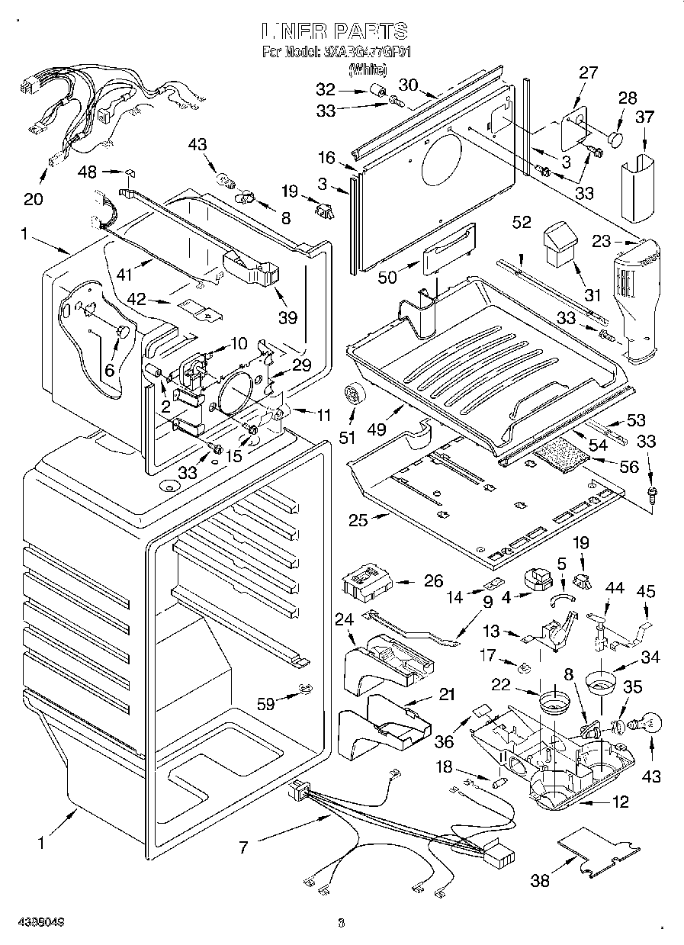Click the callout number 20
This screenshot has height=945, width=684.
(34, 199)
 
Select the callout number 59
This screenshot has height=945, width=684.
(266, 704)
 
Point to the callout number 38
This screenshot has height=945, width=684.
(540, 881)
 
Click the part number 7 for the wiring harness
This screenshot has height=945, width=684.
(243, 846)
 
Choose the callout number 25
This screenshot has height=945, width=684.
(358, 521)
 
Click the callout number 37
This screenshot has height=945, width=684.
(645, 117)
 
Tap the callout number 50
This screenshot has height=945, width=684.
(387, 278)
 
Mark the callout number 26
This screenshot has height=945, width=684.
(433, 581)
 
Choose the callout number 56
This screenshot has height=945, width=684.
(629, 467)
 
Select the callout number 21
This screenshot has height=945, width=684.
(446, 694)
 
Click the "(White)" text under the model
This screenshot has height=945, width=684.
(368, 69)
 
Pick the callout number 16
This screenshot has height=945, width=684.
(327, 159)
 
